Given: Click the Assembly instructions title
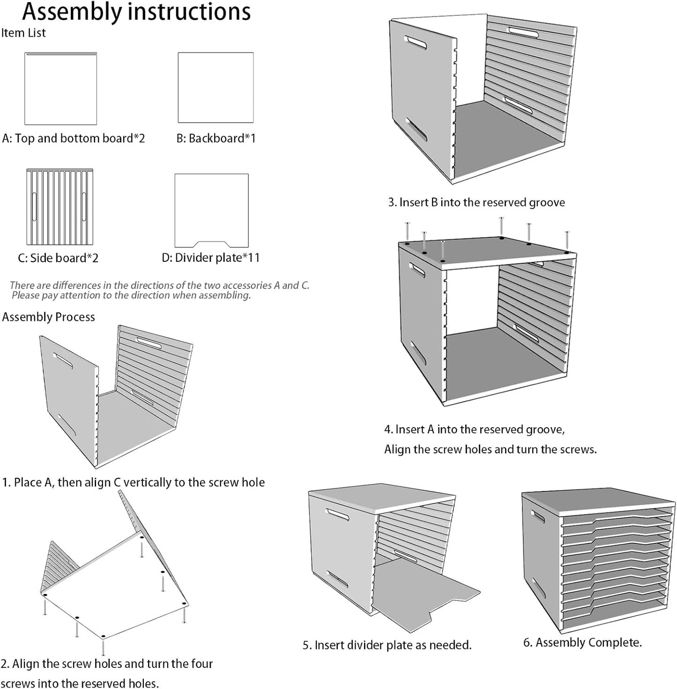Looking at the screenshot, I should pyautogui.click(x=136, y=12).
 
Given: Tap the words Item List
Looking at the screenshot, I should pyautogui.click(x=23, y=33).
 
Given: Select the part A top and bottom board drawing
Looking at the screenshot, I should pyautogui.click(x=60, y=89).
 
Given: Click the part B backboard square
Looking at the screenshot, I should pyautogui.click(x=216, y=88).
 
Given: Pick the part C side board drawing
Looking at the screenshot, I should pyautogui.click(x=60, y=207).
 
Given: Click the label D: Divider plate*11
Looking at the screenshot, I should pyautogui.click(x=210, y=258).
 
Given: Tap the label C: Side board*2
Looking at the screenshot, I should pyautogui.click(x=58, y=258).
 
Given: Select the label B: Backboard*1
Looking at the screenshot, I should pyautogui.click(x=216, y=139).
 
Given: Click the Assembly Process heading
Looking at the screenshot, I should pyautogui.click(x=49, y=317).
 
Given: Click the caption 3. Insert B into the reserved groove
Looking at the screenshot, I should pyautogui.click(x=476, y=202).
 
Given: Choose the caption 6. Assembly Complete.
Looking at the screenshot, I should pyautogui.click(x=582, y=642).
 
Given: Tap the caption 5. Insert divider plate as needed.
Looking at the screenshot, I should pyautogui.click(x=387, y=645).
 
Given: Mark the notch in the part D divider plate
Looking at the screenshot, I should pyautogui.click(x=211, y=244).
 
